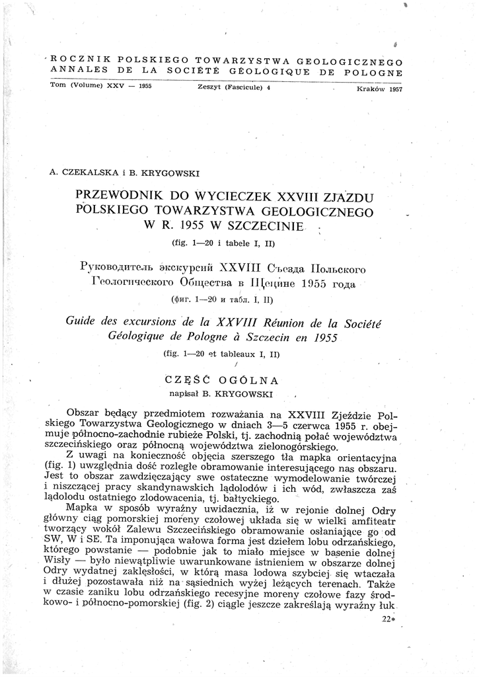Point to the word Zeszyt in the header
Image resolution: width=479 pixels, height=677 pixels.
pyautogui.click(x=211, y=87)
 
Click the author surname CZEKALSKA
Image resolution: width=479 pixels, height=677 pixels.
pyautogui.click(x=91, y=173)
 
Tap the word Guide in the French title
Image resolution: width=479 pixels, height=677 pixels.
pyautogui.click(x=85, y=323)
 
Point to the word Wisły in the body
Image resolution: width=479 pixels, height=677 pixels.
pyautogui.click(x=64, y=565)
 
